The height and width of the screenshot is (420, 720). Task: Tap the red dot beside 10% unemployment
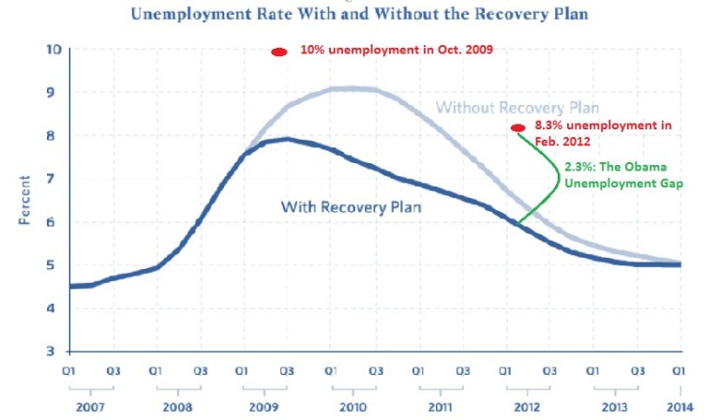point(278,52)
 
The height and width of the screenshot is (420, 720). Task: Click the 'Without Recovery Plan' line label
point(517,107)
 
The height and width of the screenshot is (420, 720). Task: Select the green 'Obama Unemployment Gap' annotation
point(622,175)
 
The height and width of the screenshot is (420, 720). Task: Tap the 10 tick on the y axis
point(53,49)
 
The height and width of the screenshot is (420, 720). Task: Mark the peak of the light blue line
point(354,88)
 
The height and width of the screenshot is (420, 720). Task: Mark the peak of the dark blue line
point(286,139)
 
